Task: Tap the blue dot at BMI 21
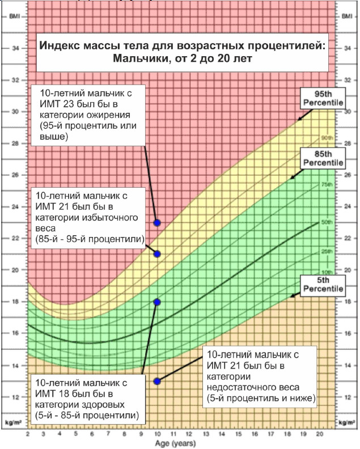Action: click(x=157, y=254)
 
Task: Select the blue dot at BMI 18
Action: click(x=157, y=302)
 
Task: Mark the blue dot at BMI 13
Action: click(x=157, y=382)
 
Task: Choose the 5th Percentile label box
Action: click(x=323, y=285)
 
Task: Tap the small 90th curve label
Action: click(x=327, y=138)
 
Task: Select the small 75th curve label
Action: click(x=327, y=185)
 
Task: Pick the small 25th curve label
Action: click(x=327, y=251)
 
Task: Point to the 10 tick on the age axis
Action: click(x=157, y=434)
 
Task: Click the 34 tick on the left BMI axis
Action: click(x=15, y=48)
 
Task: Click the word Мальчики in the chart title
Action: click(x=138, y=58)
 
